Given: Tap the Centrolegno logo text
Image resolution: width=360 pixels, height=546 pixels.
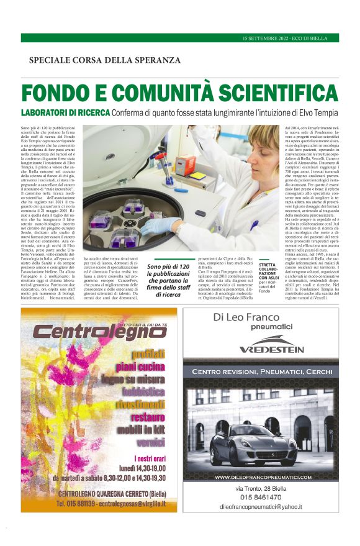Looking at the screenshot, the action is (97, 332).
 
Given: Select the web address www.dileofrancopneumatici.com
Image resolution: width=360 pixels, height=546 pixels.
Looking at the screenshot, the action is (263, 477).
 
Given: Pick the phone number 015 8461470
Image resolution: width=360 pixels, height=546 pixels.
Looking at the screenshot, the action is (261, 497).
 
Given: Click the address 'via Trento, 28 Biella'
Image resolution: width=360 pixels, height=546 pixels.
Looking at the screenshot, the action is (261, 488).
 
